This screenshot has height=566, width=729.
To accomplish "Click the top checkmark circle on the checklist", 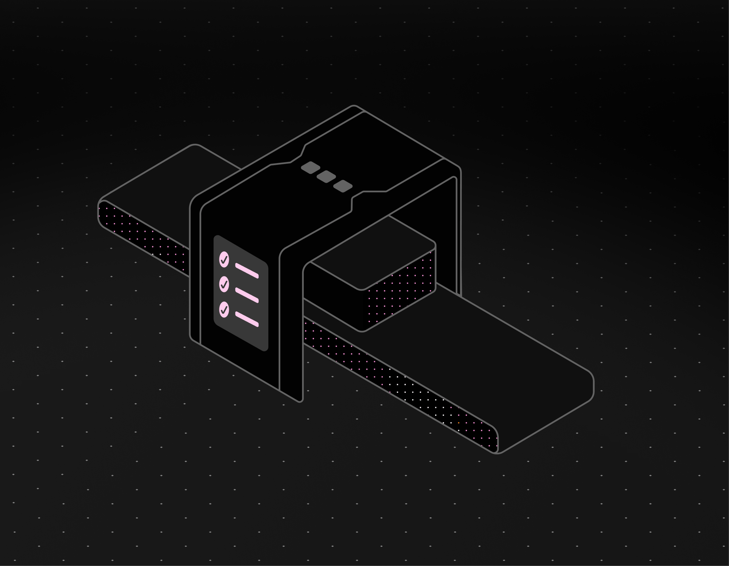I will pyautogui.click(x=224, y=259).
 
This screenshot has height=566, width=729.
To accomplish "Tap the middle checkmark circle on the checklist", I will pyautogui.click(x=224, y=284).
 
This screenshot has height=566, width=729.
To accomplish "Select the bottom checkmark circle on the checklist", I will pyautogui.click(x=224, y=309).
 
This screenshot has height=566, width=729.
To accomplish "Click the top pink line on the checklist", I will pyautogui.click(x=247, y=270).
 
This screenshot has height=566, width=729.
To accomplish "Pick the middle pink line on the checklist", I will pyautogui.click(x=247, y=295).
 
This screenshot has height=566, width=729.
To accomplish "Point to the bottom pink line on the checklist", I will pyautogui.click(x=247, y=319).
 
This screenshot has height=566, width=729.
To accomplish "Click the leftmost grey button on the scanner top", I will pyautogui.click(x=311, y=168).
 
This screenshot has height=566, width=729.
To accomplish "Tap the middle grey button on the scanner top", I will pyautogui.click(x=326, y=177).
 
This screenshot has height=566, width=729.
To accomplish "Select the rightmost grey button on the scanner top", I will pyautogui.click(x=343, y=186).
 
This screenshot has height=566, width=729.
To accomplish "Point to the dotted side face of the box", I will pyautogui.click(x=401, y=292).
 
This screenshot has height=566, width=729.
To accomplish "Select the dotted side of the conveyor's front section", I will pyautogui.click(x=401, y=383).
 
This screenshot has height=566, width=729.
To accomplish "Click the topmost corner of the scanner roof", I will pyautogui.click(x=353, y=106).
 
